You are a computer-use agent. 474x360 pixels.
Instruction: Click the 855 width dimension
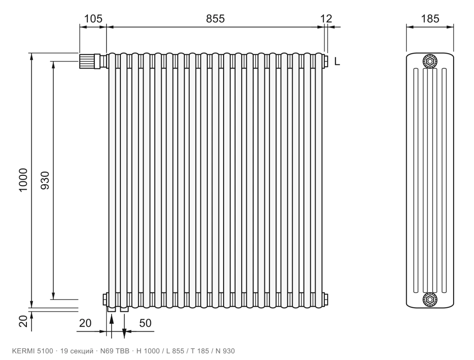215,19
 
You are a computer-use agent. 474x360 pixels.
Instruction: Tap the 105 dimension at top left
93,19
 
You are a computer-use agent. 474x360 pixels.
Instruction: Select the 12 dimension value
326,19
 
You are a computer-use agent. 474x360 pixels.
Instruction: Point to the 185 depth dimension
430,19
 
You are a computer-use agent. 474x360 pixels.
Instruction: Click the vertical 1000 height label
23,180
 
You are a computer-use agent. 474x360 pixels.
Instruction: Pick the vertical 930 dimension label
45,180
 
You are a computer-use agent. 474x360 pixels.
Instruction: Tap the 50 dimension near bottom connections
145,323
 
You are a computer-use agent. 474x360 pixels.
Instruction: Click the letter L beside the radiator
337,62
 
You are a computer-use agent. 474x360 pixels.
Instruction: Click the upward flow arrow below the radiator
112,326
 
